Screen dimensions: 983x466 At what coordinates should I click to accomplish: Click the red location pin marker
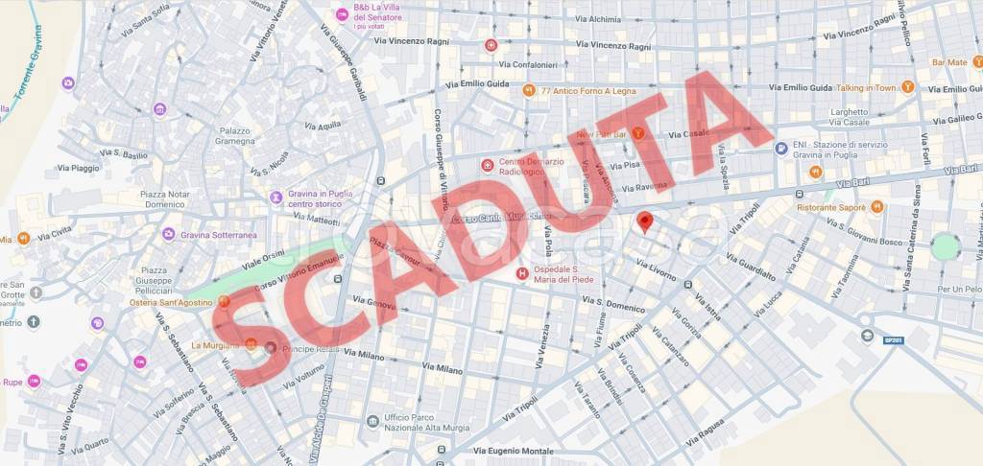(x=645, y=222)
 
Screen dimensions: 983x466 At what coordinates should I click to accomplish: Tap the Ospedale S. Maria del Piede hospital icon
(x=522, y=273)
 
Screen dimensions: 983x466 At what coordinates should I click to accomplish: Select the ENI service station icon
(x=781, y=149)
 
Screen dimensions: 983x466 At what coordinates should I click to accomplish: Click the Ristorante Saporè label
(x=831, y=207)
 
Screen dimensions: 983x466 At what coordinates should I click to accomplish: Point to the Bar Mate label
(x=949, y=62)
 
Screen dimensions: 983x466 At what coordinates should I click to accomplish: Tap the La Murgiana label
(x=216, y=345)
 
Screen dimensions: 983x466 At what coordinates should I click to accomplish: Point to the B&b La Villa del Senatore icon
(x=342, y=13)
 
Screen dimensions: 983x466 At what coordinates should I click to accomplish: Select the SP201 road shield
(x=895, y=340)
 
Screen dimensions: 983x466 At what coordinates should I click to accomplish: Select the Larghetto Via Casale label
(x=850, y=117)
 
